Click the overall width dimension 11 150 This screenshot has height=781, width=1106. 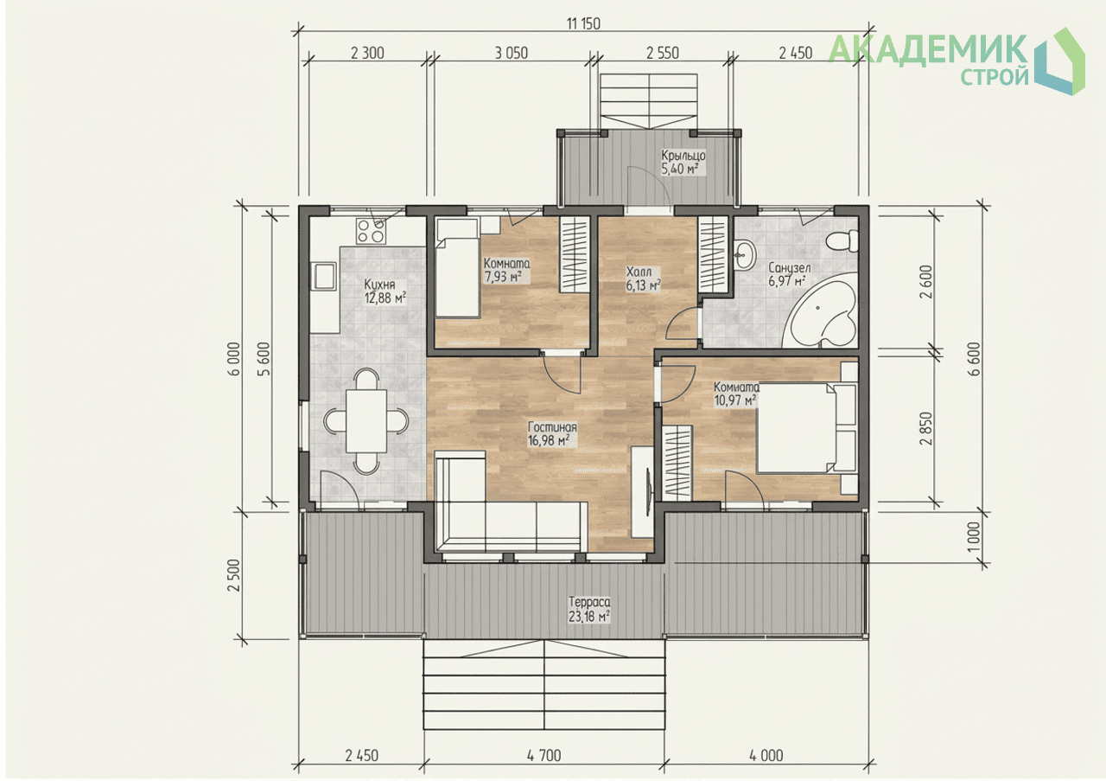pyautogui.click(x=583, y=23)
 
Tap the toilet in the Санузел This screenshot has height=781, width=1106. pyautogui.click(x=842, y=240)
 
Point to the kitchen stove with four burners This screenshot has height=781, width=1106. pyautogui.click(x=371, y=231)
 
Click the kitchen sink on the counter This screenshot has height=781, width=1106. pyautogui.click(x=323, y=276)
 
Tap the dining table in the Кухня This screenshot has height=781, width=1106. pyautogui.click(x=365, y=420)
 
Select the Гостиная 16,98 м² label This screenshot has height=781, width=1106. pyautogui.click(x=552, y=433)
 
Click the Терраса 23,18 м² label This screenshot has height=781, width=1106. pyautogui.click(x=589, y=609)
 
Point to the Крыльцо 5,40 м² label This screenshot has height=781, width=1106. pyautogui.click(x=683, y=162)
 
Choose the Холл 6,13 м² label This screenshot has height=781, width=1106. pyautogui.click(x=644, y=278)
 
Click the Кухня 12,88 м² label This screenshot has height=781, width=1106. pyautogui.click(x=385, y=291)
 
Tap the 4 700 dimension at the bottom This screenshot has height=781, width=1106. pyautogui.click(x=544, y=755)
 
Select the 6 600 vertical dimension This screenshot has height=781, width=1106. pyautogui.click(x=975, y=359)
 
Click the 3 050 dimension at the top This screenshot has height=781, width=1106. pyautogui.click(x=512, y=53)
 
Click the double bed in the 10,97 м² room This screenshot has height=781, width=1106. pyautogui.click(x=806, y=428)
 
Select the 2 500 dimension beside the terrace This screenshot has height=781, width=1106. pyautogui.click(x=234, y=575)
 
